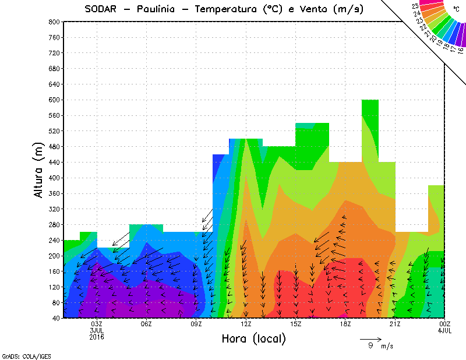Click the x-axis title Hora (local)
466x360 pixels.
(x=253, y=339)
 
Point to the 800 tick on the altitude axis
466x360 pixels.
(x=54, y=22)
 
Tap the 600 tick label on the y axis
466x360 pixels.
(x=54, y=100)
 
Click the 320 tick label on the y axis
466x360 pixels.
(x=54, y=209)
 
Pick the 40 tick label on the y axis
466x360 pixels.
(x=55, y=318)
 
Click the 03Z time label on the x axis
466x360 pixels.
(x=96, y=324)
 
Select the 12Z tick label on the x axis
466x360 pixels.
(x=246, y=324)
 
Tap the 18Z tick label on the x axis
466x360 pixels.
(x=345, y=324)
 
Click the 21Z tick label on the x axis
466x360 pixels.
(x=396, y=324)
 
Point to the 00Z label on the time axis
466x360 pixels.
(x=445, y=324)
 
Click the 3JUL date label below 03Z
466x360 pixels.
(x=96, y=330)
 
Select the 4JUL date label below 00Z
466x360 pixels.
(x=445, y=330)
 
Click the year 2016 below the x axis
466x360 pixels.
(x=96, y=337)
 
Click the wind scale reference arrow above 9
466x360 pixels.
(x=370, y=338)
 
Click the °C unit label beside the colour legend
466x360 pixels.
(x=456, y=10)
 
